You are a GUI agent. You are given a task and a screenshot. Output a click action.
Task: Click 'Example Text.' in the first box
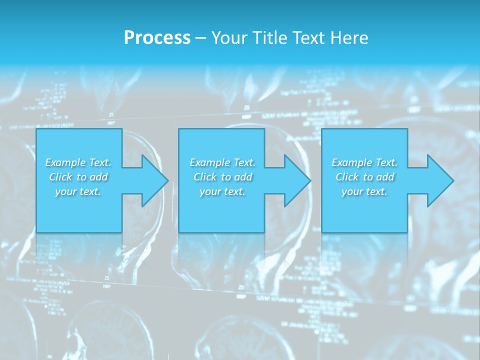click(78, 162)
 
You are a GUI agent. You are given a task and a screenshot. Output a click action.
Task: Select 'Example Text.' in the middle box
click(222, 162)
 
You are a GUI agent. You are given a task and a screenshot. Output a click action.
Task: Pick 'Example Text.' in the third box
click(364, 162)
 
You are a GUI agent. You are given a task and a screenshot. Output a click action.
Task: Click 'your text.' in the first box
click(78, 191)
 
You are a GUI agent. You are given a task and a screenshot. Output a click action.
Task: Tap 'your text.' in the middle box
click(222, 191)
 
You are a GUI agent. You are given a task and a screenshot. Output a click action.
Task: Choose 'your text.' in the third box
click(364, 191)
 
